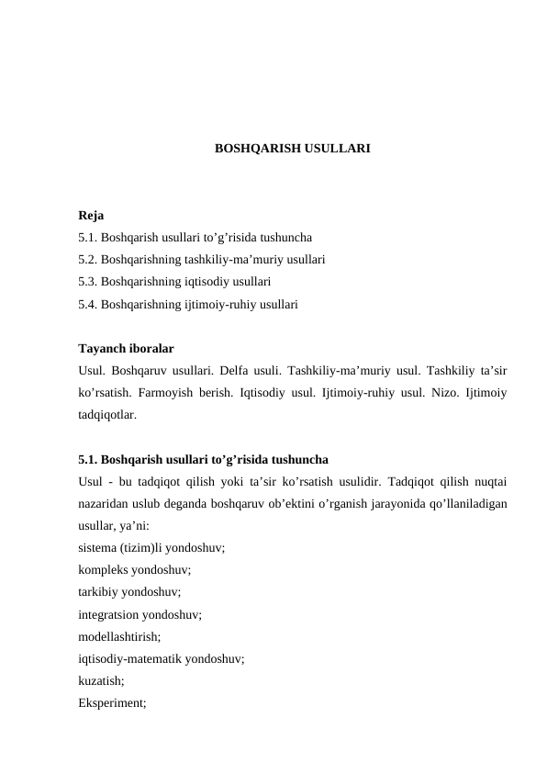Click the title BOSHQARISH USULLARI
(x=292, y=147)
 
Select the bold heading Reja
(x=91, y=217)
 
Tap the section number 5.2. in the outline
(x=88, y=259)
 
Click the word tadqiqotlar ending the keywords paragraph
(x=108, y=414)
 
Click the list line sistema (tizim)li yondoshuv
(x=151, y=546)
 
